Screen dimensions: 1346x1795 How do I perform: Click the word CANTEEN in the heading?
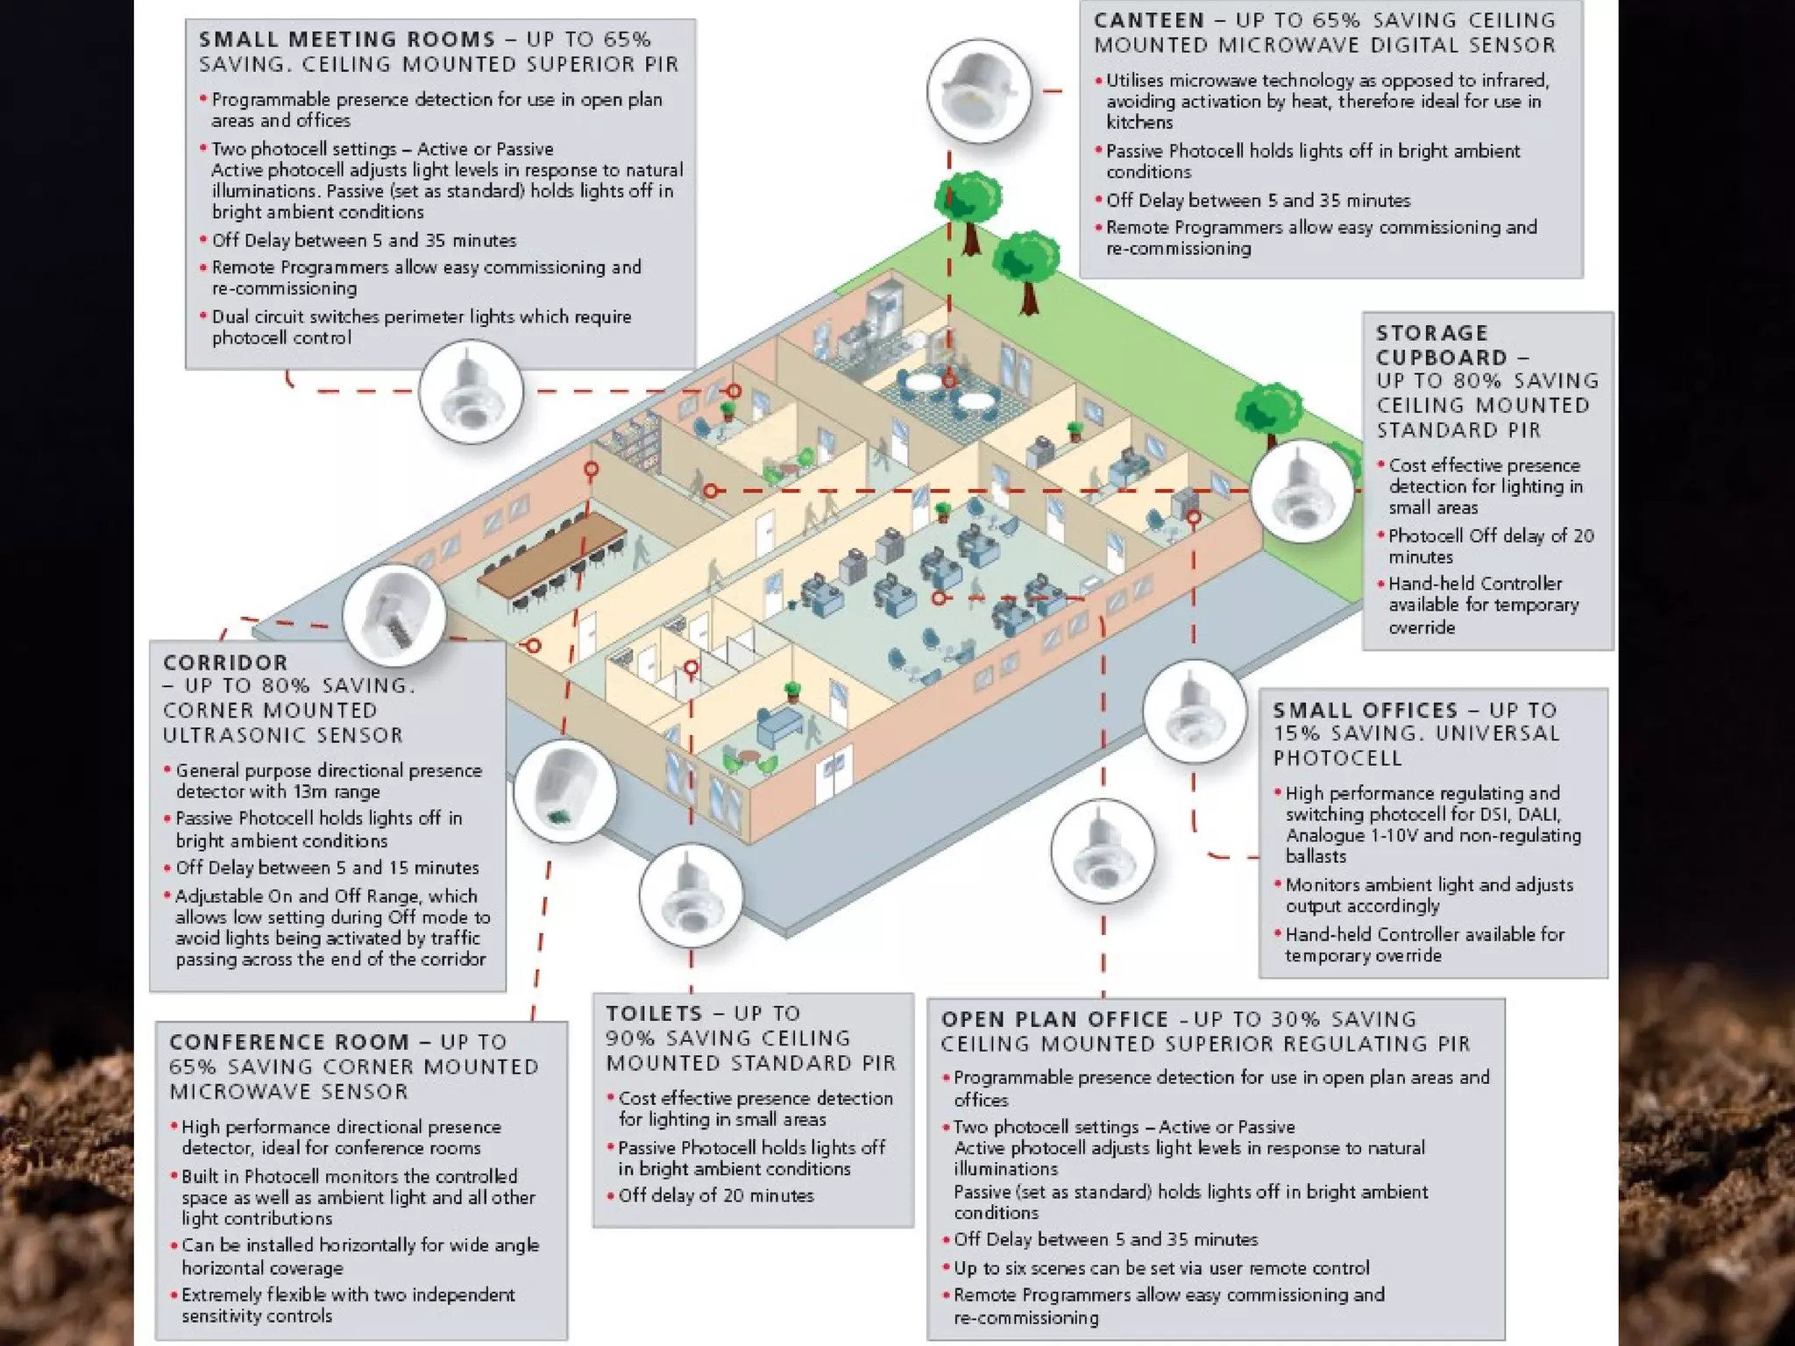coord(1148,20)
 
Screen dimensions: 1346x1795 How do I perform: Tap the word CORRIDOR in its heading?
coord(225,662)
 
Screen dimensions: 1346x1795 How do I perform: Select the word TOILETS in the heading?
coord(654,1013)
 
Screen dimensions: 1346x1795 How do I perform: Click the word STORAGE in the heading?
coord(1432,333)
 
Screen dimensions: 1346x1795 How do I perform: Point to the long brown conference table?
coord(552,552)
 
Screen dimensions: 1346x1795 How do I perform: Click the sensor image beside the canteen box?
coord(979,92)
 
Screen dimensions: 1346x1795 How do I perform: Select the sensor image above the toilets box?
coord(691,895)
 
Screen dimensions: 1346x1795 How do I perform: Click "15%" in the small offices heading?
coord(1296,733)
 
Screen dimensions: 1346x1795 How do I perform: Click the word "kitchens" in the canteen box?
coord(1139,123)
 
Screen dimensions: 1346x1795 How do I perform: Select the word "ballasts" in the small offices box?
coord(1316,856)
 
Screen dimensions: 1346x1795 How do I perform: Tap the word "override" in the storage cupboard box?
coord(1421,627)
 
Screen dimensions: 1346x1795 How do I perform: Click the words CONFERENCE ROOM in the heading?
coord(289,1042)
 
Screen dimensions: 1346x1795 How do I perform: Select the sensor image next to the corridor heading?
coord(394,614)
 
